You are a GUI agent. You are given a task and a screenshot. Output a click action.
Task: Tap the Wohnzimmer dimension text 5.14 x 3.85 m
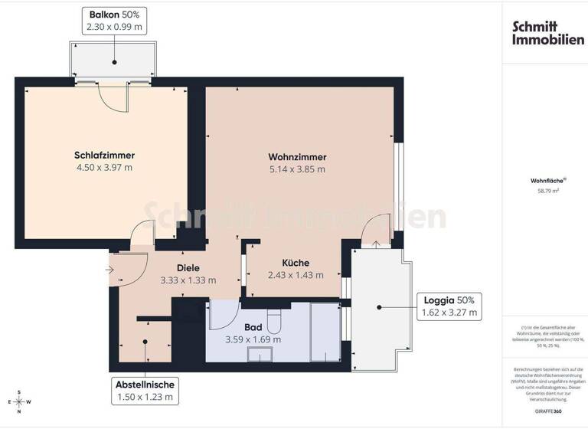[296, 169]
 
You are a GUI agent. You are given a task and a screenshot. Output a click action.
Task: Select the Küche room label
[295, 261]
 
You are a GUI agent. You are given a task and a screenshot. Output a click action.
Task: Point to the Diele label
[188, 267]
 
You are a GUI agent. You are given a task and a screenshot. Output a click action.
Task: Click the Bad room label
[253, 326]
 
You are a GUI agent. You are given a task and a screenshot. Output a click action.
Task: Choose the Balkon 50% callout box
[114, 21]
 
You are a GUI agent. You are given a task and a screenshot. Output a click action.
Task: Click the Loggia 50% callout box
[449, 306]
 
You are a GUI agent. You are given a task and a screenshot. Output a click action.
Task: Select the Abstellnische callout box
[145, 391]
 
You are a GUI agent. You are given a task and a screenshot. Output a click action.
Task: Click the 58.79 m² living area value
[544, 192]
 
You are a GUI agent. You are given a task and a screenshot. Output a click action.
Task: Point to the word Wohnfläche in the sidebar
[543, 182]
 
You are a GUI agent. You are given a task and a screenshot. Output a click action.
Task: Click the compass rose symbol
[20, 401]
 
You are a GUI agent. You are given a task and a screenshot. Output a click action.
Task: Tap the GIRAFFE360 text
[544, 411]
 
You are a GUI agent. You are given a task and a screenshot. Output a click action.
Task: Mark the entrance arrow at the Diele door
[108, 269]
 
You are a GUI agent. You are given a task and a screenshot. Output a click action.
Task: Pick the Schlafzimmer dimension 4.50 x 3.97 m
[104, 168]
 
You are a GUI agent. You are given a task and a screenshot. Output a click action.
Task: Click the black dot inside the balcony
[114, 62]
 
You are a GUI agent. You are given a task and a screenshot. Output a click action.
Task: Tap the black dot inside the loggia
[377, 306]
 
